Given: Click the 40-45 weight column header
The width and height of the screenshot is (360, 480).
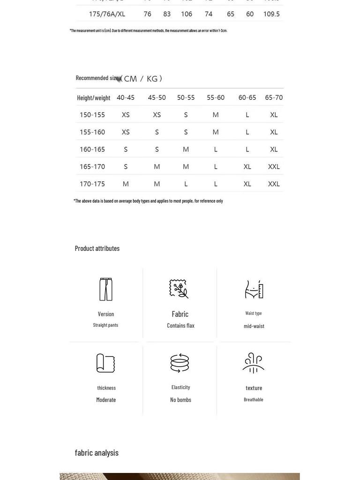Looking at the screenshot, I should click(x=126, y=97).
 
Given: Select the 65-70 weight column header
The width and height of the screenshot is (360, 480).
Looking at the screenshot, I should click(x=274, y=97).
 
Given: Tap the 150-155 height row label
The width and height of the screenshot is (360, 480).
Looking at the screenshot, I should click(x=92, y=115).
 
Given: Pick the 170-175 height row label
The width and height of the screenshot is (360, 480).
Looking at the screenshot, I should click(x=92, y=184).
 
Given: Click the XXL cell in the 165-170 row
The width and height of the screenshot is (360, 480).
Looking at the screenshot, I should click(x=274, y=166).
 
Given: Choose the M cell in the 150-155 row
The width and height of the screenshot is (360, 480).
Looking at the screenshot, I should click(x=216, y=115).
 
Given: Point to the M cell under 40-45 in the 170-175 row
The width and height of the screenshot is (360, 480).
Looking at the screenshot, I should click(x=126, y=184).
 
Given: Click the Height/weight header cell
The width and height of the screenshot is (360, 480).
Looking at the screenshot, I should click(x=94, y=98).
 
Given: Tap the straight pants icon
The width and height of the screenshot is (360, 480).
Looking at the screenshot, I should click(x=106, y=289).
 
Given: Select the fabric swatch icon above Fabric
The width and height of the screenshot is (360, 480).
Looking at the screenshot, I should click(x=179, y=289).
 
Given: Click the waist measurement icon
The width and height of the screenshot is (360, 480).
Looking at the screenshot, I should click(x=254, y=289).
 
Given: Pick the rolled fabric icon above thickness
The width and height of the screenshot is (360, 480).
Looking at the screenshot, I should click(x=106, y=363).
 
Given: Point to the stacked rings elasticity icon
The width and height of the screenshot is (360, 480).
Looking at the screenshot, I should click(x=180, y=363).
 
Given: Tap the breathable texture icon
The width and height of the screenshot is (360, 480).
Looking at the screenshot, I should click(x=254, y=363).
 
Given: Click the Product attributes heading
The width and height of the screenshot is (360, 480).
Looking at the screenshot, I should click(x=97, y=248).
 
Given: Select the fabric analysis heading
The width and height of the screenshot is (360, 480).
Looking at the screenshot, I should click(x=97, y=453).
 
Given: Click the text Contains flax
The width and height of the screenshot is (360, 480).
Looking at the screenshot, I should click(x=180, y=325).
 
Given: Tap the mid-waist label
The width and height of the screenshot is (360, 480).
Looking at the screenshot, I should click(x=254, y=326).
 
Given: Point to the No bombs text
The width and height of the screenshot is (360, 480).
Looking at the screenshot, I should click(x=180, y=400).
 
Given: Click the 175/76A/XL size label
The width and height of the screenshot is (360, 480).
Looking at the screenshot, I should click(x=107, y=14).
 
